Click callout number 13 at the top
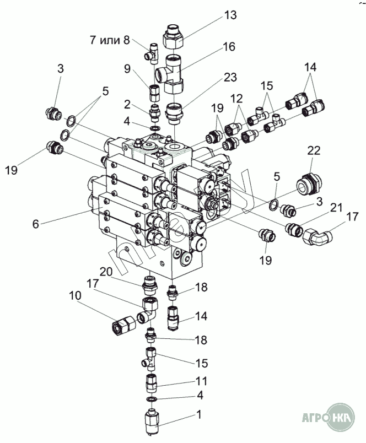pos(230,15)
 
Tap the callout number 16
pos(229,47)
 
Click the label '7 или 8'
pos(110,40)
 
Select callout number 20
pos(106,271)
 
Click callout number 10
pos(75,296)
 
